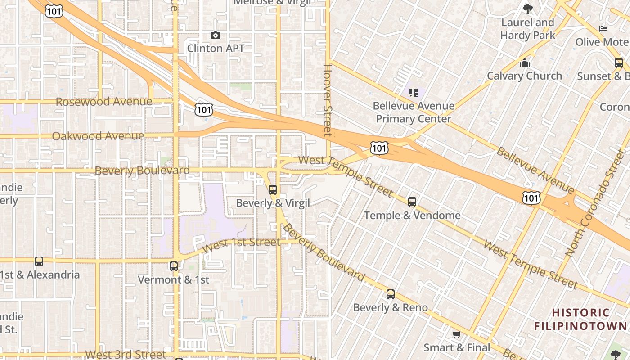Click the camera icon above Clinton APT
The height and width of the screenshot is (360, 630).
[x=216, y=35]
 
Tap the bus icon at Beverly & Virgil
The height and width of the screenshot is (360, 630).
[x=272, y=190]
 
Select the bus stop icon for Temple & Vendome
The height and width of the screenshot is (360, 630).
[x=412, y=202]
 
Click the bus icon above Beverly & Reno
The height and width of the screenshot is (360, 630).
[x=391, y=294]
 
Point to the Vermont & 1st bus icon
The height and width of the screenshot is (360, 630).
[x=174, y=266]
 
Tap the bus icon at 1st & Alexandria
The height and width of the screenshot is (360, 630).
[x=39, y=261]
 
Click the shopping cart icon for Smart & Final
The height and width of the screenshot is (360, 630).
[x=456, y=335]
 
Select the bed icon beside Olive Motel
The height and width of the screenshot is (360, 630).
[x=603, y=29]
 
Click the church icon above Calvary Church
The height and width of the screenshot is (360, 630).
[x=524, y=63]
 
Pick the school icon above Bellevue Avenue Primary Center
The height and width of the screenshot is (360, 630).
[x=414, y=93]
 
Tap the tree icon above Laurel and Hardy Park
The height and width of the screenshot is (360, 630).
[x=527, y=9]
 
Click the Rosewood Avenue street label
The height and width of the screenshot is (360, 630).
[x=104, y=102]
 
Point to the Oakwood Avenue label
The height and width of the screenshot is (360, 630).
[x=98, y=136]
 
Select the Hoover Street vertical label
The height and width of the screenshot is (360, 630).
[x=327, y=100]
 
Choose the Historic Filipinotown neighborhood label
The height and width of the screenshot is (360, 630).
[x=580, y=319]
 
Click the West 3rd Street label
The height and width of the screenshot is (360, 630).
[x=126, y=355]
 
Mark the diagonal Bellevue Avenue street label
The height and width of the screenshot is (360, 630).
[x=535, y=168]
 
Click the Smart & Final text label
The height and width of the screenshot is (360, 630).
[x=457, y=347]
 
